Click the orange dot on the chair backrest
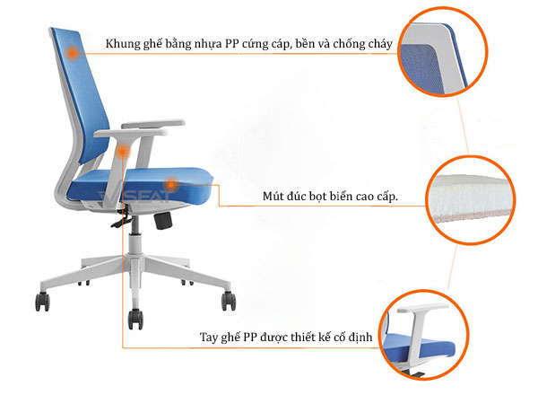click(x=73, y=53)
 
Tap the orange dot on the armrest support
click(x=122, y=151)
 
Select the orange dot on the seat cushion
click(x=170, y=184)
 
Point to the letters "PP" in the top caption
click(x=231, y=44)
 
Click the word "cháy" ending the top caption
click(x=380, y=44)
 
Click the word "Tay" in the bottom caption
click(x=209, y=338)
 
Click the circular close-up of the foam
click(x=471, y=199)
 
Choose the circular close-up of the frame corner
click(x=443, y=51)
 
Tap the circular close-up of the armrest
click(x=424, y=335)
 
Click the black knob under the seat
click(x=163, y=220)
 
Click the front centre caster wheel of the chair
click(x=135, y=320)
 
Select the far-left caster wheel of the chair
click(x=42, y=302)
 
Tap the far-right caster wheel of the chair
click(x=229, y=301)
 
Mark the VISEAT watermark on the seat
click(x=134, y=196)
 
